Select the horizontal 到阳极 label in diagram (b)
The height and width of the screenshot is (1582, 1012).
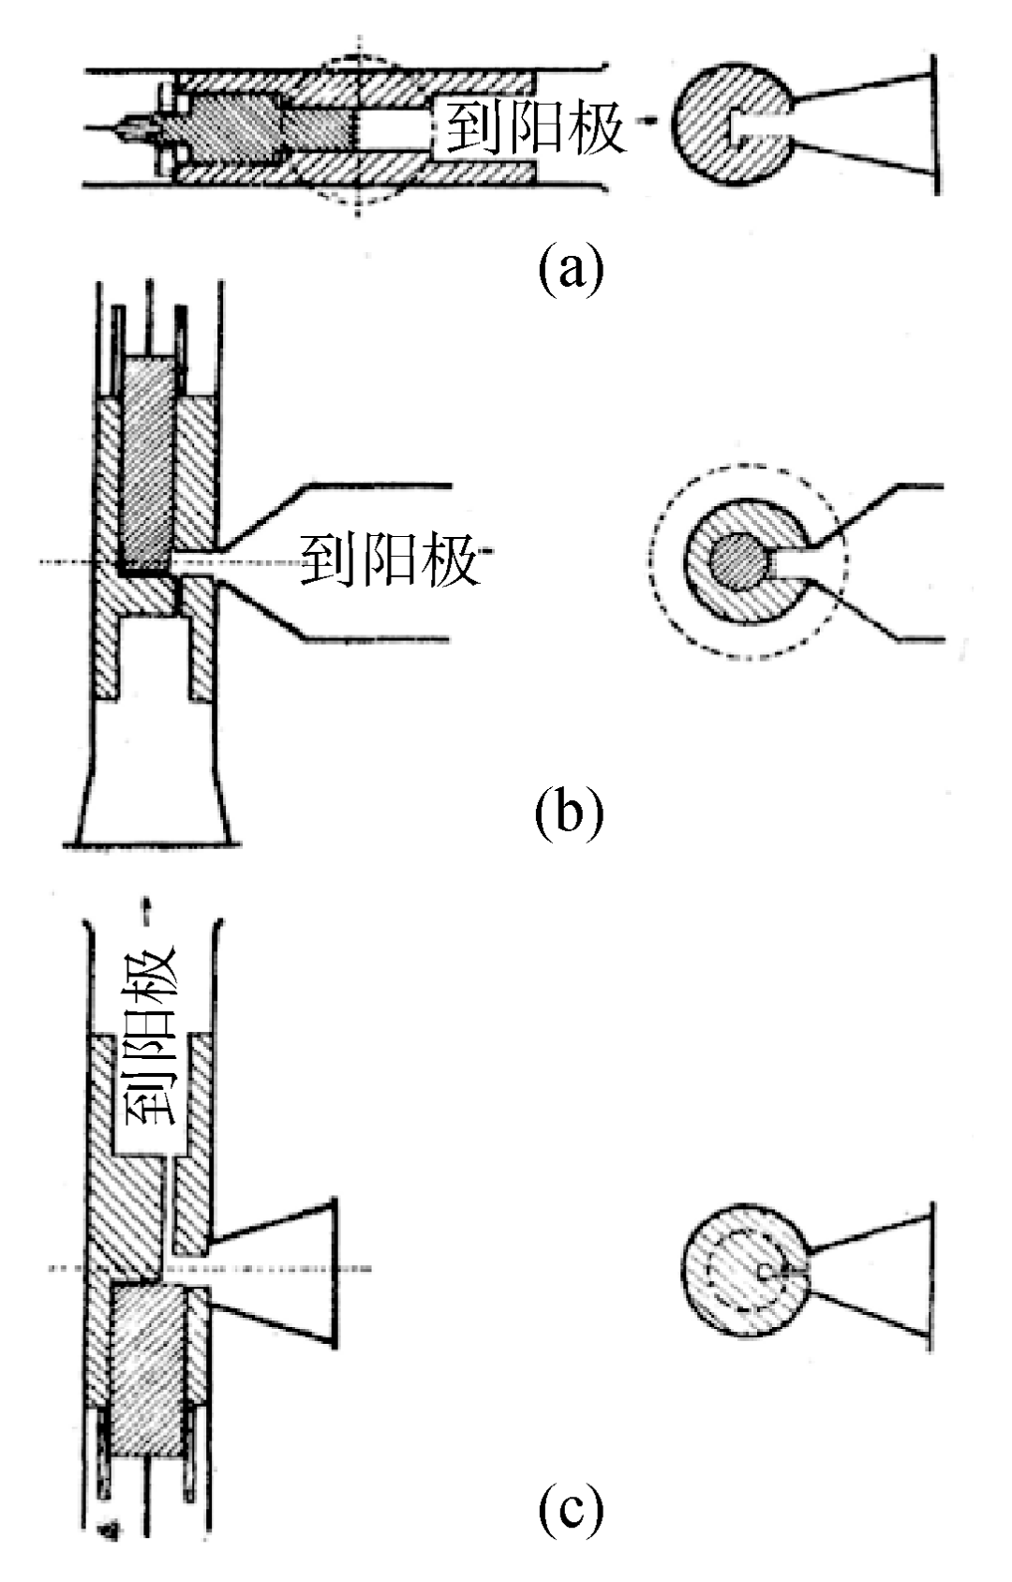pos(391,559)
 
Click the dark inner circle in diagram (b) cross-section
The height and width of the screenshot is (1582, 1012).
pos(738,561)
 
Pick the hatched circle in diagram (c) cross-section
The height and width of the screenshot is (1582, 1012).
pos(744,1270)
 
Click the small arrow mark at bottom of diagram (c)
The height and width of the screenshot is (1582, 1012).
pos(109,1527)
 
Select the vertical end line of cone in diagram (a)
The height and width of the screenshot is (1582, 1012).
pos(935,125)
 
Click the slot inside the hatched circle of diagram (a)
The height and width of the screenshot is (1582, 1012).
pos(758,125)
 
